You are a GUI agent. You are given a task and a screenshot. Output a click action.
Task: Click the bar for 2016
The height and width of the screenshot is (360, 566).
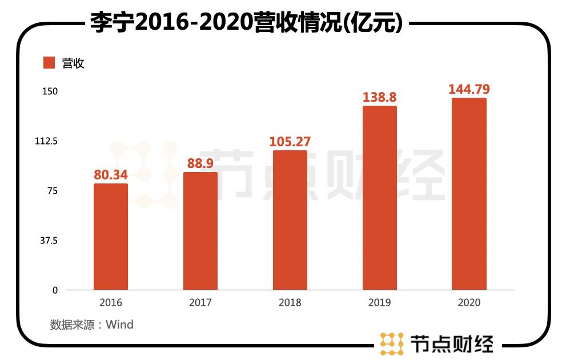[x=110, y=237]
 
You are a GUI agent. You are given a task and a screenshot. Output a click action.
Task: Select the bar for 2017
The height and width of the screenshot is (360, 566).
[x=200, y=231]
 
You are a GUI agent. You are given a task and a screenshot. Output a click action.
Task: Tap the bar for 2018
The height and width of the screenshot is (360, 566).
[x=290, y=220]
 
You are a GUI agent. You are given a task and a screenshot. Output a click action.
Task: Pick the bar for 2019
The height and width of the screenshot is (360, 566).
[x=379, y=198]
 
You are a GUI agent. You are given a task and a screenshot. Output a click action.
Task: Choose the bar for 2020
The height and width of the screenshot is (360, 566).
[x=469, y=194]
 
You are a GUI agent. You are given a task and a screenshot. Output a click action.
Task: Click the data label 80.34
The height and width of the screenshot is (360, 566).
[x=110, y=174]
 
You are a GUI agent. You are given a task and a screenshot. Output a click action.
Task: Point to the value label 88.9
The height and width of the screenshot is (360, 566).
[x=200, y=163]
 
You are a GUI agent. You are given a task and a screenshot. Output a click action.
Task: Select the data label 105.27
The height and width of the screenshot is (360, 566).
[x=290, y=141]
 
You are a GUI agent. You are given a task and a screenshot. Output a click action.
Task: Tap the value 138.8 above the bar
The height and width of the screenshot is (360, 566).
[x=379, y=97]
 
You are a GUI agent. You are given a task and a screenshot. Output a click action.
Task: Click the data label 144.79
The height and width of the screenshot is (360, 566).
[x=469, y=89]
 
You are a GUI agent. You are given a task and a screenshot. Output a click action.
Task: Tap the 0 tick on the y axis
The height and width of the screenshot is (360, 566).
[x=55, y=290]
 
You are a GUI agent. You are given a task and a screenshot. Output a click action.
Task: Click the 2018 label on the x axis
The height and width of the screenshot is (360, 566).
[x=290, y=303]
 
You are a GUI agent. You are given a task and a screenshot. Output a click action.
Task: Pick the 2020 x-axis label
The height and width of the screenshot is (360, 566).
[x=469, y=303]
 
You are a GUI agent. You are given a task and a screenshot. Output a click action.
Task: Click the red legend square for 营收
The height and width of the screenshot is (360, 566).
[x=49, y=63]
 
